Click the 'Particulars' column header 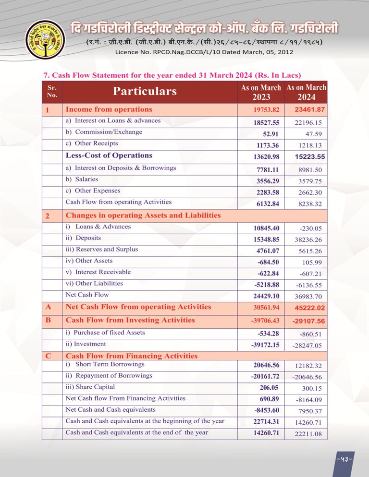(145, 91)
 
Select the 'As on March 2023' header (261, 92)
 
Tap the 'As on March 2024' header (306, 92)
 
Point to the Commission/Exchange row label (104, 132)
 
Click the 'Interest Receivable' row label (98, 272)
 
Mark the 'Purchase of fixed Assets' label (105, 333)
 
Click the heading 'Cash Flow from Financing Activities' (131, 356)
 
